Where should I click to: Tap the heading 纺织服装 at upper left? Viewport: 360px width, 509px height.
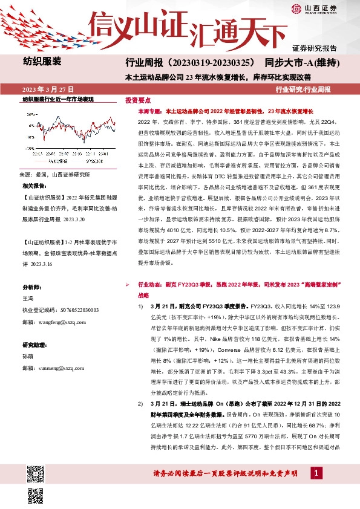(x=42, y=61)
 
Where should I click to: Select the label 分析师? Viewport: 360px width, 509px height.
(x=32, y=287)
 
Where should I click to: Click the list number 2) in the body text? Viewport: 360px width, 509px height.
(x=140, y=403)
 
